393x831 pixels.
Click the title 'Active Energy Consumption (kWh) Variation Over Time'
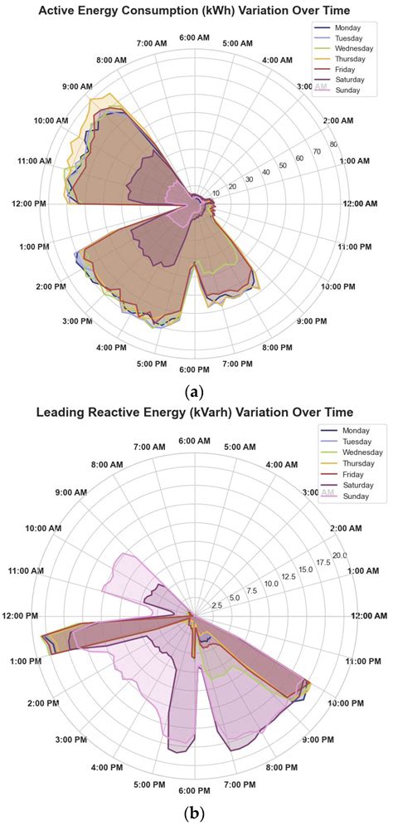(x=196, y=9)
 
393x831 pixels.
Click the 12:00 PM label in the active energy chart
(x=27, y=204)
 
